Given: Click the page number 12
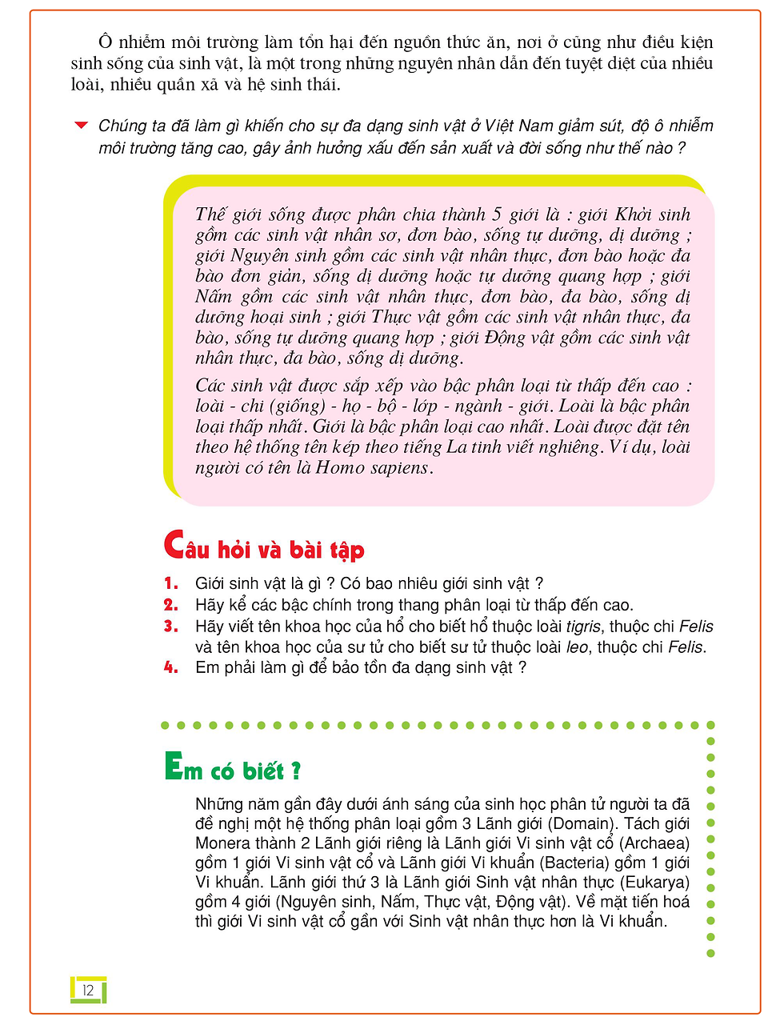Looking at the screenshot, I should pos(88,990).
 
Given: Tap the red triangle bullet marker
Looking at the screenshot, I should pos(81,126).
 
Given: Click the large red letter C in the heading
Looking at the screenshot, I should pos(174,545).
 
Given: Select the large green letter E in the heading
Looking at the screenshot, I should pos(173,766).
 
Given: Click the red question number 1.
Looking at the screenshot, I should pos(170,583).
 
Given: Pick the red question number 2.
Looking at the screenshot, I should pos(170,605).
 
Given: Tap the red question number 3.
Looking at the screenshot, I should pos(170,627).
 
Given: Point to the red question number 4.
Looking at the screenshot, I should pos(170,667).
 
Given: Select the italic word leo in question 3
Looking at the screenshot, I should pos(577,647).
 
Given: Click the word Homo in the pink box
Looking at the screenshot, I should pos(340,468).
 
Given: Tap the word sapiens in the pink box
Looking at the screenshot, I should pos(400,468).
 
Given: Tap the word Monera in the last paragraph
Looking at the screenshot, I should pos(222,843).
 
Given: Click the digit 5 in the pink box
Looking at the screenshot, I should pos(497,214).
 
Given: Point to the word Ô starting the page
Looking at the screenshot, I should pos(105,42).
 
